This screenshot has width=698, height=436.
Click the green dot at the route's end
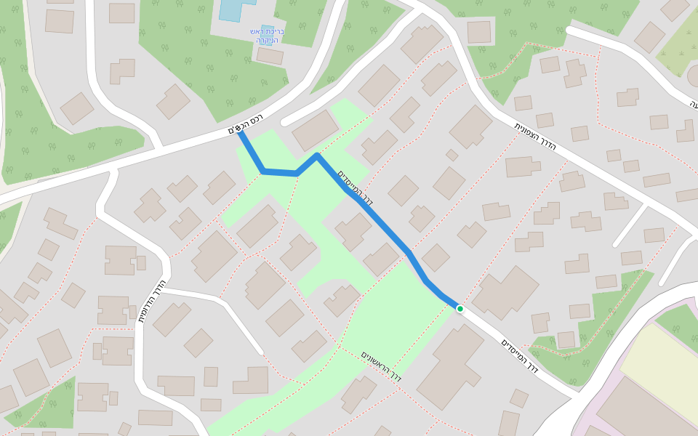pyautogui.click(x=460, y=309)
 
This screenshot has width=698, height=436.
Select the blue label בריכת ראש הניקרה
pyautogui.click(x=270, y=36)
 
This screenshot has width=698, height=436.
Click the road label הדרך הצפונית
pyautogui.click(x=536, y=136)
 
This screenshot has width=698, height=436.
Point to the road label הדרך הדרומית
pyautogui.click(x=152, y=302)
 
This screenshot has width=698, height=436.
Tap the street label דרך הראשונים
pyautogui.click(x=382, y=367)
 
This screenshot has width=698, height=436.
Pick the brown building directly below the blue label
pyautogui.click(x=270, y=56)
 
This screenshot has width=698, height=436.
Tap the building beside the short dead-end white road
pyautogui.click(x=315, y=131)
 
